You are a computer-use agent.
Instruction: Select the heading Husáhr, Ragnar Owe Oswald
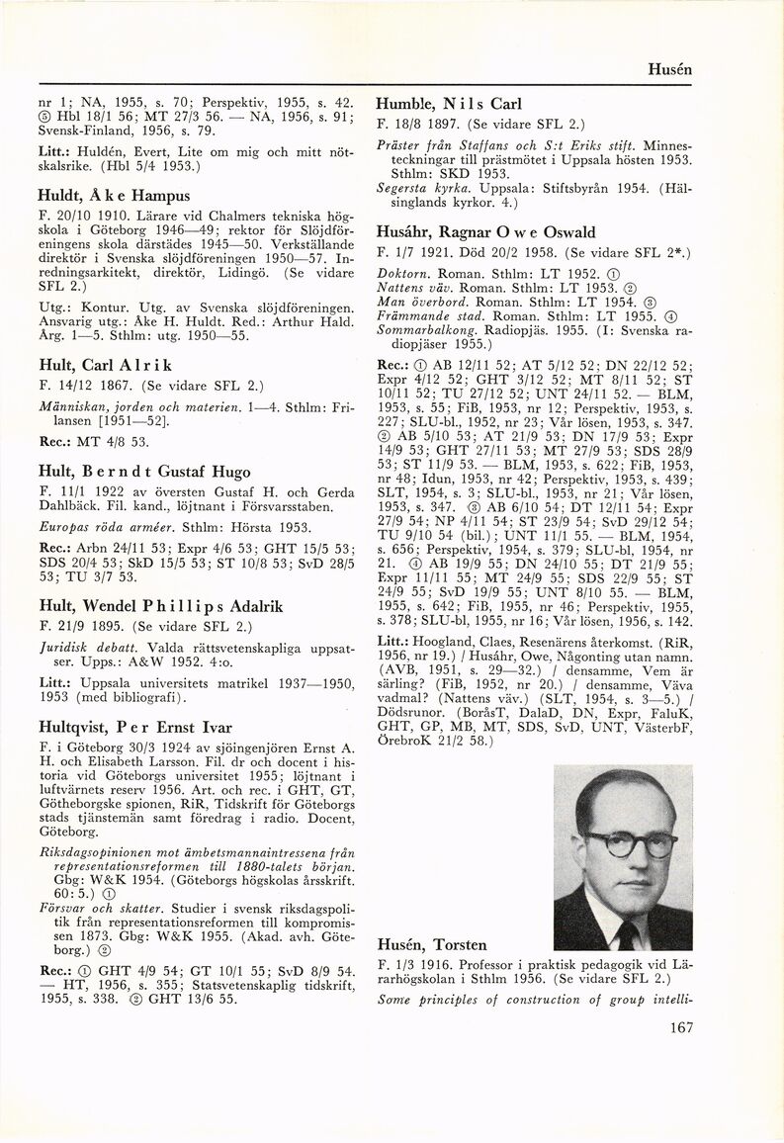pyautogui.click(x=485, y=233)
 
